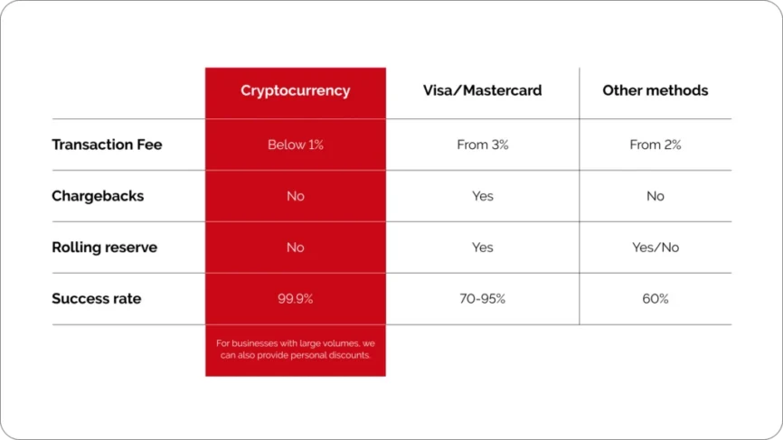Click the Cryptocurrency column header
295,90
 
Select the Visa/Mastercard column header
483,90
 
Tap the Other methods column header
656,90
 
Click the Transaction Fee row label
107,145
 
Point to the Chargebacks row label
98,196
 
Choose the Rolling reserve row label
104,248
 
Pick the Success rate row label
97,298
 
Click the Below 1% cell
295,145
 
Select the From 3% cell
483,145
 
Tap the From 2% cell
656,145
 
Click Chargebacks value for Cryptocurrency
295,196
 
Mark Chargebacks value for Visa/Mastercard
483,196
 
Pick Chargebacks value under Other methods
656,196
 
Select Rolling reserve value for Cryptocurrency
295,248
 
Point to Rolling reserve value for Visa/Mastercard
483,248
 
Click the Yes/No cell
656,248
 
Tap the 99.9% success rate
295,299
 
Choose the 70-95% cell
483,299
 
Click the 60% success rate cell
656,299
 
